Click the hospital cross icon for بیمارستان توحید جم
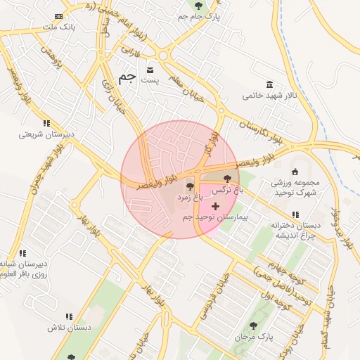214,206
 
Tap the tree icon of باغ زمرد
189,187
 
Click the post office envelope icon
150,71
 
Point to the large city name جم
127,77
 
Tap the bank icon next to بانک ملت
59,15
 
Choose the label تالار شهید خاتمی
270,95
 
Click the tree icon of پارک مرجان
253,326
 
